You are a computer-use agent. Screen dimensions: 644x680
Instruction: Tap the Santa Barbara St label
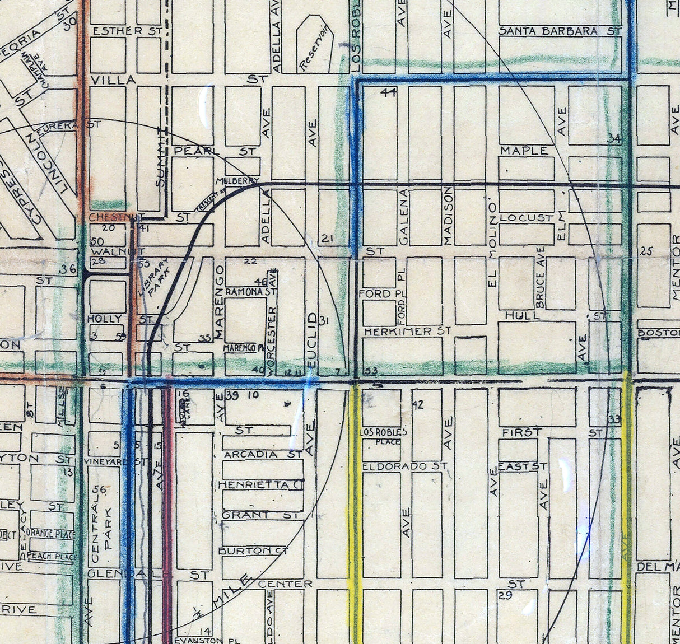[x=560, y=31]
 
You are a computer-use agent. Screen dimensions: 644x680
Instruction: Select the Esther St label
[x=127, y=31]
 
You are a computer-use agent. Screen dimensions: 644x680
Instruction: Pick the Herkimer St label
[x=407, y=332]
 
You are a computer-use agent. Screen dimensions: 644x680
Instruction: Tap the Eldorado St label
[x=404, y=466]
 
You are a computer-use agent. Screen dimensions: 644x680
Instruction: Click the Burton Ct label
[x=253, y=551]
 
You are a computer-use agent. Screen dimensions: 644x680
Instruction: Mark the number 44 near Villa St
[x=388, y=93]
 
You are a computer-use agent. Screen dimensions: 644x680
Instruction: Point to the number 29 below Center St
[x=505, y=596]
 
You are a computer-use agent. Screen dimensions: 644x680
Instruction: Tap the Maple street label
[x=524, y=151]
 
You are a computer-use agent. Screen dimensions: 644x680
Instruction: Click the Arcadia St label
[x=262, y=455]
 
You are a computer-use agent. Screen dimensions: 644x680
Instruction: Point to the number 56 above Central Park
[x=100, y=490]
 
